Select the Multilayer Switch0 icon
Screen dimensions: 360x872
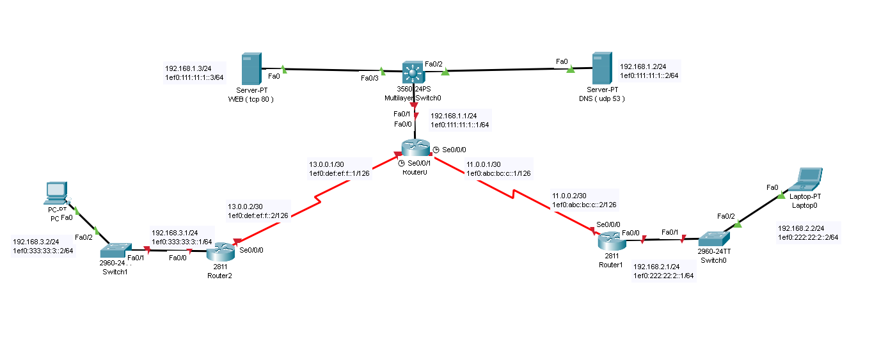tap(413, 72)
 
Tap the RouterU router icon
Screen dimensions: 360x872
tap(413, 148)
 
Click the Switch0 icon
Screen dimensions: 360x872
tap(713, 239)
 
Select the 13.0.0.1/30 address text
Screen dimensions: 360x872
tap(328, 164)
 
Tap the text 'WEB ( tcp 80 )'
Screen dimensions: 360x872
tap(251, 99)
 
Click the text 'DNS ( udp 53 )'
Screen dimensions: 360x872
tap(601, 99)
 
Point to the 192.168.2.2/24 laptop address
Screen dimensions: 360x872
tap(800, 228)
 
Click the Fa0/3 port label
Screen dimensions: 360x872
tap(369, 78)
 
